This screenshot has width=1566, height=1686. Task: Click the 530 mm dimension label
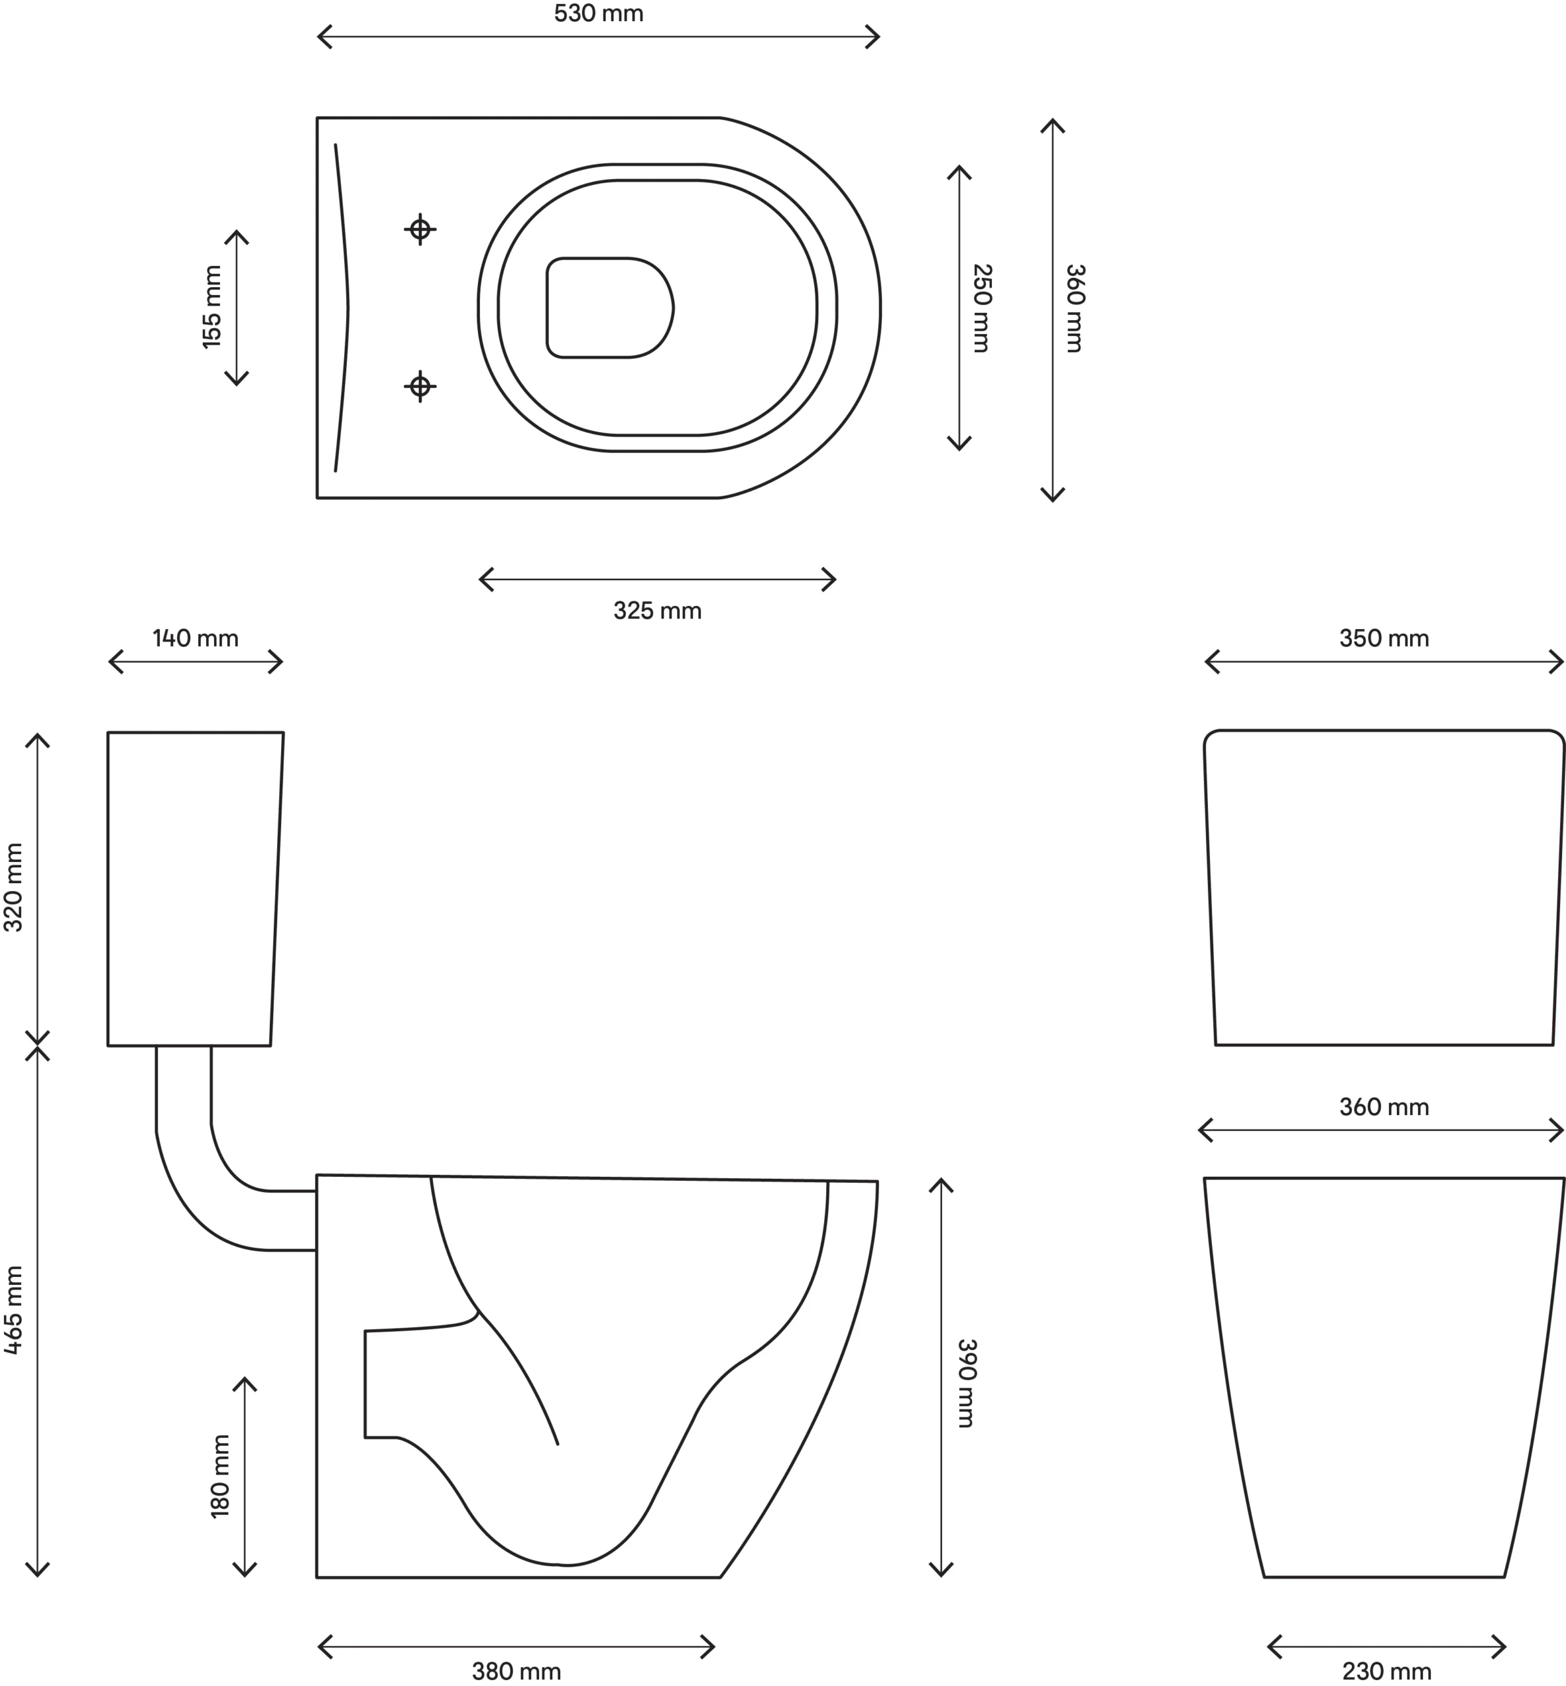pos(598,14)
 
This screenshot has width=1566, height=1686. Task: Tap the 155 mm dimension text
pos(211,307)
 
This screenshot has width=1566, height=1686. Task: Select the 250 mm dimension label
pos(982,308)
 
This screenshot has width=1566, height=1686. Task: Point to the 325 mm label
pos(658,611)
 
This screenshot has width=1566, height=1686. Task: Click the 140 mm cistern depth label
pos(196,638)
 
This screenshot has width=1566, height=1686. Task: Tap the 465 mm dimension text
pos(14,1310)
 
